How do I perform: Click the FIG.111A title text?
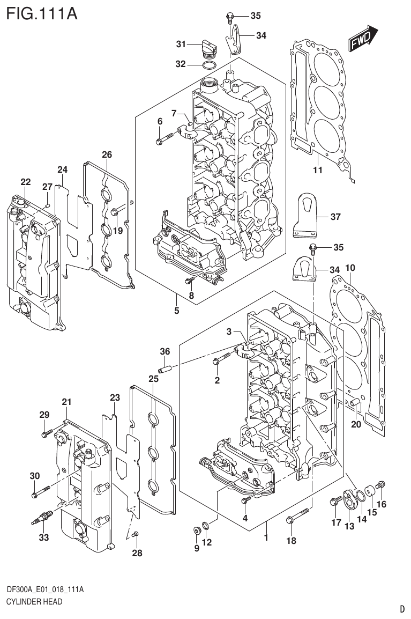point(41,12)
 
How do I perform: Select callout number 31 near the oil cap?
point(181,43)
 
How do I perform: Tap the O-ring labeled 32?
point(210,65)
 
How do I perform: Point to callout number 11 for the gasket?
point(317,171)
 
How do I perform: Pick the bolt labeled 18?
point(298,514)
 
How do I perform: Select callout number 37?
point(335,217)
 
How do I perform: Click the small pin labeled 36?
point(165,370)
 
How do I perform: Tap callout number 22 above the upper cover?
point(26,182)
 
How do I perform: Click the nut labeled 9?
point(196,530)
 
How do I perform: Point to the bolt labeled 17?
point(336,502)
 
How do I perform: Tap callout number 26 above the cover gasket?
point(107,155)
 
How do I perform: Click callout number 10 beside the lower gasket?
point(350,267)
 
